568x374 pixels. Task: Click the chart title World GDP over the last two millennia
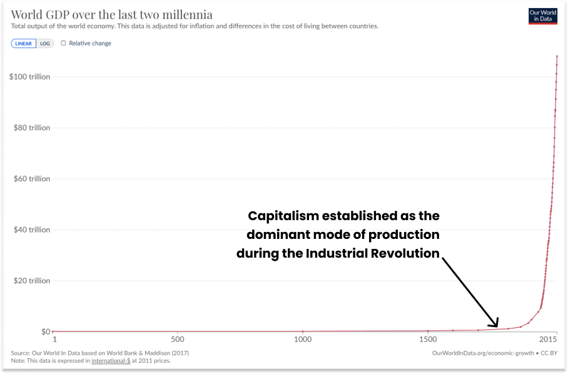point(111,14)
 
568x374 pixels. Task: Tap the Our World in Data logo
point(542,16)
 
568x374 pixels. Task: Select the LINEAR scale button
point(24,43)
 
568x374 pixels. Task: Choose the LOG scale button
point(45,43)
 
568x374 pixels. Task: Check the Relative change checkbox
point(63,43)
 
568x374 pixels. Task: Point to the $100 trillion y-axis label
point(29,77)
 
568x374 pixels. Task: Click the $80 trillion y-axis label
point(31,128)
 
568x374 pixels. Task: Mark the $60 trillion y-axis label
point(31,179)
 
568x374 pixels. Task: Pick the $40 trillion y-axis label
point(31,230)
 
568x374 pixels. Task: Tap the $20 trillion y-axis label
point(31,281)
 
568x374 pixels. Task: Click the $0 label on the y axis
point(46,331)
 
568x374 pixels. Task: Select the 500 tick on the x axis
point(178,339)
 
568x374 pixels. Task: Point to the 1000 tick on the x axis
point(303,339)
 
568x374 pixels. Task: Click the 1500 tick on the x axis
point(428,339)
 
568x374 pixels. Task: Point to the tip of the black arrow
point(498,326)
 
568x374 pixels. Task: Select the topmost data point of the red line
point(557,56)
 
